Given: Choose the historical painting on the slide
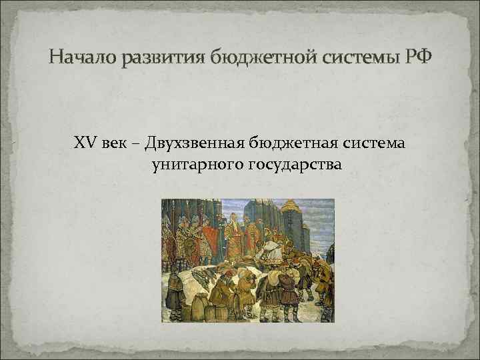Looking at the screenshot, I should pos(247,260).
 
